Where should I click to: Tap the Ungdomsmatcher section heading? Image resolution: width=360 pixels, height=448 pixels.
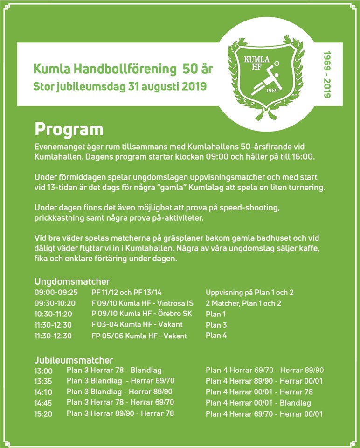click(x=72, y=281)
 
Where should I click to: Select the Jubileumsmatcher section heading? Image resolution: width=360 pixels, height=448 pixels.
click(x=74, y=360)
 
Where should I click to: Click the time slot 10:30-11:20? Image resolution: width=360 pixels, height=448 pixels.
click(x=53, y=314)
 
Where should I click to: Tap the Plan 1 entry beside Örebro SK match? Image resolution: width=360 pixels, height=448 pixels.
click(x=215, y=314)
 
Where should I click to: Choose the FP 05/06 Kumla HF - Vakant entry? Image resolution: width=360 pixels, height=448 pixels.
click(x=139, y=336)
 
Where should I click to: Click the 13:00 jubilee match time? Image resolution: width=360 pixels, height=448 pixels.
click(x=43, y=371)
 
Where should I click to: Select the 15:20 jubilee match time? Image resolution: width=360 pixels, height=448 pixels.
click(x=43, y=413)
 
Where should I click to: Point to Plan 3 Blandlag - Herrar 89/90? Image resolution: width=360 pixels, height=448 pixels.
click(x=119, y=392)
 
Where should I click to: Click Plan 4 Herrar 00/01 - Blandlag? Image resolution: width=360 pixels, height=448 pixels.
click(x=258, y=403)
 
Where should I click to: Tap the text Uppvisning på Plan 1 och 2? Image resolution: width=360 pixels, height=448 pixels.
click(x=249, y=293)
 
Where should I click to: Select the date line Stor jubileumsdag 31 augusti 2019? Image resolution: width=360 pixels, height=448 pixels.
click(x=120, y=86)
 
